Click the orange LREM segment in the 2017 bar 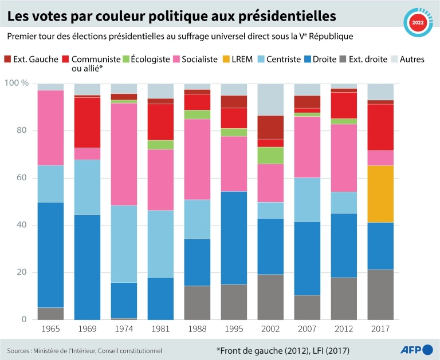(380, 193)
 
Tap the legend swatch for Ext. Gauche (7, 59)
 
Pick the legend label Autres (412, 59)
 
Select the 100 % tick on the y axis (17, 84)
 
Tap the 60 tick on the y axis (23, 178)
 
